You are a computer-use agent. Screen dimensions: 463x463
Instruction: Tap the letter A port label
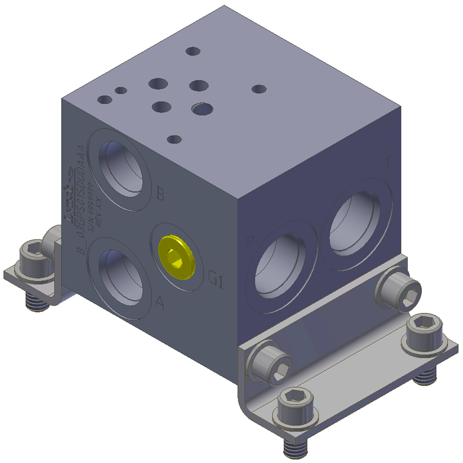coord(161,302)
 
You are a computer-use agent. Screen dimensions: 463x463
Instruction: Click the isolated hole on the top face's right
coord(258,89)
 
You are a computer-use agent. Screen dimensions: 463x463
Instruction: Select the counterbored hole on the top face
coord(203,109)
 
